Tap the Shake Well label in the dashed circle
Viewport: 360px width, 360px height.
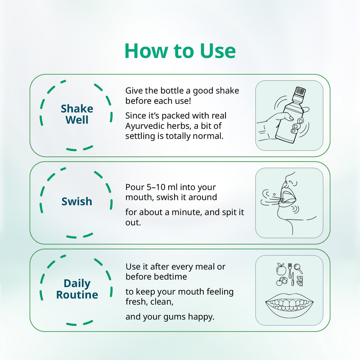pyautogui.click(x=77, y=114)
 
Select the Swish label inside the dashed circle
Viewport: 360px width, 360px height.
pyautogui.click(x=77, y=202)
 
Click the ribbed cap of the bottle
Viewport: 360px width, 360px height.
pyautogui.click(x=300, y=90)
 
